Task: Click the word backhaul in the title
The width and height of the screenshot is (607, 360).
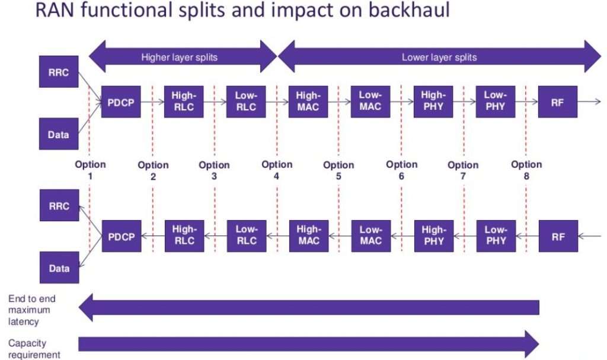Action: (x=409, y=10)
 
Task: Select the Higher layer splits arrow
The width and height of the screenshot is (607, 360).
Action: (x=183, y=56)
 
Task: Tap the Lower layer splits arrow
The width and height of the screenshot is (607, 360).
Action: (x=439, y=56)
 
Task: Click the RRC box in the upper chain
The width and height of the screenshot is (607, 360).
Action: (x=59, y=72)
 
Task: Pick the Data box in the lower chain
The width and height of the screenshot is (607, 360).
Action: (x=59, y=267)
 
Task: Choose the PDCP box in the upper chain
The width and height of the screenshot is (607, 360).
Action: (x=121, y=102)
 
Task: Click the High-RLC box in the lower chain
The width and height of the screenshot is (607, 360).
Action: (x=184, y=236)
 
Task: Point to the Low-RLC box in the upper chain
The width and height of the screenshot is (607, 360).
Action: (x=246, y=102)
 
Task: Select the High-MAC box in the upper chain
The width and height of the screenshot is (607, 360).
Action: (x=308, y=102)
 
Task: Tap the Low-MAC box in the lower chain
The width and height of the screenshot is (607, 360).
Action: (x=371, y=236)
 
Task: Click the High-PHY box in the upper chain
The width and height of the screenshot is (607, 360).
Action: (x=433, y=102)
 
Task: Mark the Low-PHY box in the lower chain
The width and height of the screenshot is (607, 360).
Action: (x=496, y=236)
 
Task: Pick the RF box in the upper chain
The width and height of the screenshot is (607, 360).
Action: (x=557, y=102)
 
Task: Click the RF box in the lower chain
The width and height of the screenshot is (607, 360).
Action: (x=558, y=236)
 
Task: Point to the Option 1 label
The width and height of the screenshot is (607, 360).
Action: (x=90, y=170)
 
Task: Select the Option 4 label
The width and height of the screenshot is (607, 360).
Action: (x=277, y=170)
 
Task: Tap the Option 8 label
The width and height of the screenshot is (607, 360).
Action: (x=526, y=170)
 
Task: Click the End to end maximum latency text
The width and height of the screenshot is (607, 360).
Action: (x=32, y=310)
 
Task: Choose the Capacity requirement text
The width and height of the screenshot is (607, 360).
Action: (x=34, y=349)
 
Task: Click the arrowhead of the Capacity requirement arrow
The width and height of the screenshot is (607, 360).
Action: (x=532, y=344)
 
